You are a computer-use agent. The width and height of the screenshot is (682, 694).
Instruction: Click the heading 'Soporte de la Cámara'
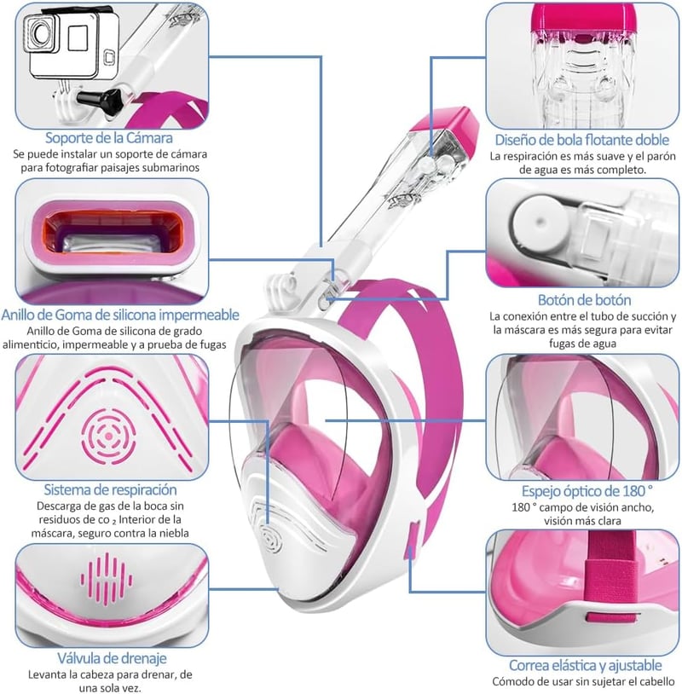point(109,138)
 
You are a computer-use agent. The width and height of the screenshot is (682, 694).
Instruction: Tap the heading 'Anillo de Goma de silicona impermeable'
point(120,315)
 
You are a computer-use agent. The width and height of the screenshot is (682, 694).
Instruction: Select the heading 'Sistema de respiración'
point(110,489)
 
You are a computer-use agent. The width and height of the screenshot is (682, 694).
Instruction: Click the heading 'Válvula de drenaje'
point(112,658)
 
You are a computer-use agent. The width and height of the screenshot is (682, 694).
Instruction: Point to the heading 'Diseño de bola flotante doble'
point(582,140)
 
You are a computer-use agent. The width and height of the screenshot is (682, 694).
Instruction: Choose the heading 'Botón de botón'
point(584,300)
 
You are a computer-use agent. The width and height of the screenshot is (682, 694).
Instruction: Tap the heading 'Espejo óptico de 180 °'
point(587,491)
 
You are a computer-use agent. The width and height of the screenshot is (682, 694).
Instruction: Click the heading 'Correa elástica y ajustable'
point(585,665)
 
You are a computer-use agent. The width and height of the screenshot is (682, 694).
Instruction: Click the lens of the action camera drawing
point(41,33)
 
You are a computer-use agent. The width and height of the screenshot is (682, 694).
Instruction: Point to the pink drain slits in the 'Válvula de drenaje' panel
point(107,579)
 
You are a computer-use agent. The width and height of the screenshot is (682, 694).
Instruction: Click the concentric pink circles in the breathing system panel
point(109,437)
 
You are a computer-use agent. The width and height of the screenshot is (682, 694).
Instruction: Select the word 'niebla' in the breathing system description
point(173,534)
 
